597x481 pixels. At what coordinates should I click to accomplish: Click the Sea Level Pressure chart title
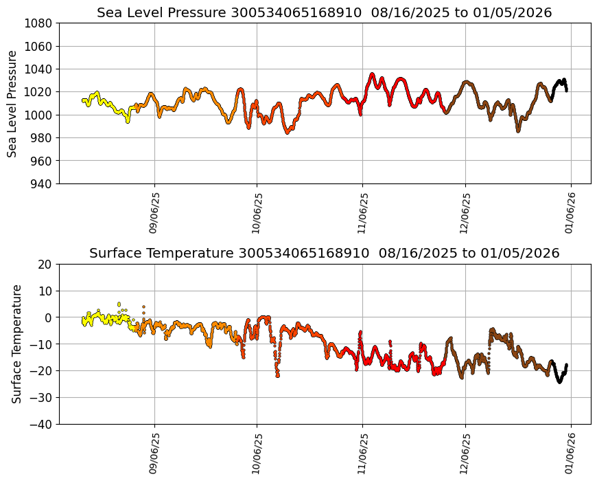pyautogui.click(x=324, y=12)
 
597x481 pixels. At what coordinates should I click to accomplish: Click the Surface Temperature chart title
pyautogui.click(x=324, y=253)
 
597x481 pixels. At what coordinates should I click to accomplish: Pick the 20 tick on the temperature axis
pyautogui.click(x=46, y=265)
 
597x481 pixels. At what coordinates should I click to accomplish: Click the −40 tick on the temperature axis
pyautogui.click(x=43, y=425)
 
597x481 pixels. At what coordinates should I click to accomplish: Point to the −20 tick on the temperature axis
pyautogui.click(x=43, y=371)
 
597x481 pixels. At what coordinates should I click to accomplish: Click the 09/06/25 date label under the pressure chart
pyautogui.click(x=154, y=213)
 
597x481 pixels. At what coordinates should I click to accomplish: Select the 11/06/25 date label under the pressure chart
pyautogui.click(x=363, y=213)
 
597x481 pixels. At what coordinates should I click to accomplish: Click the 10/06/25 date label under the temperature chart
pyautogui.click(x=257, y=454)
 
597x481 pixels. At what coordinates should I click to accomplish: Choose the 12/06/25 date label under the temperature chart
pyautogui.click(x=466, y=454)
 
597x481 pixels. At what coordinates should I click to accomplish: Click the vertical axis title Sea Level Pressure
pyautogui.click(x=12, y=103)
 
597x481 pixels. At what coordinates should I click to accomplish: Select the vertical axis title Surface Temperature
pyautogui.click(x=16, y=344)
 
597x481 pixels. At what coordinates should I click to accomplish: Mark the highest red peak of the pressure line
pyautogui.click(x=372, y=74)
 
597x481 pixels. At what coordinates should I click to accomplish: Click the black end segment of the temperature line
pyautogui.click(x=560, y=377)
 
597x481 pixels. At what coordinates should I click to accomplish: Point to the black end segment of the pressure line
pyautogui.click(x=560, y=83)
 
